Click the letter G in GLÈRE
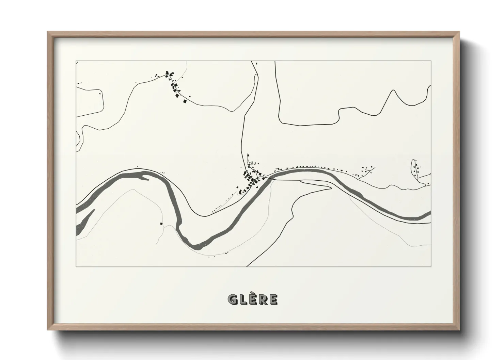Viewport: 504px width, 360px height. (x=233, y=299)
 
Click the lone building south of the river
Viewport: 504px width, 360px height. (x=161, y=224)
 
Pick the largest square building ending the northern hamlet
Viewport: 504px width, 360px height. (x=185, y=101)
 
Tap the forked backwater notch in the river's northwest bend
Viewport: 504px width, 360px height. (x=145, y=176)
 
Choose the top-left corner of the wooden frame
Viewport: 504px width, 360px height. (x=48, y=32)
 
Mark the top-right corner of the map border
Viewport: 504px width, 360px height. (x=431, y=61)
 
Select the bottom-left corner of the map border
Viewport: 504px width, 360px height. (x=76, y=266)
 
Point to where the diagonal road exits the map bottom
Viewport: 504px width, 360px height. (x=248, y=266)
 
